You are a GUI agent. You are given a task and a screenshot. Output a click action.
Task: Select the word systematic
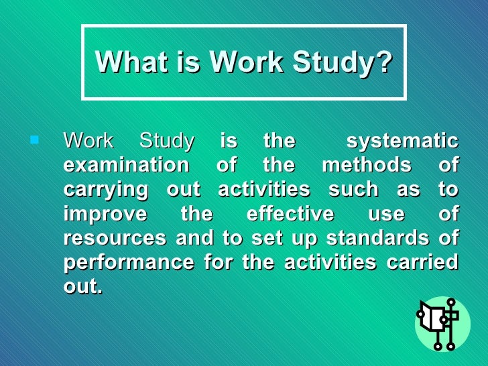click(x=402, y=141)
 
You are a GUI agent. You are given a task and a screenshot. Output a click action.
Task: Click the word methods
click(x=367, y=165)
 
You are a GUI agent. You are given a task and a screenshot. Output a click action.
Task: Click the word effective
click(x=290, y=214)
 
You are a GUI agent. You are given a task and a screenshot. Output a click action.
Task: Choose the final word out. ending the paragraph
click(x=83, y=287)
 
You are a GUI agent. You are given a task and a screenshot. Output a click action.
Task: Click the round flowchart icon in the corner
click(x=442, y=324)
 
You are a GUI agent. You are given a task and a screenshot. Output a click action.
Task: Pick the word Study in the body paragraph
click(x=167, y=141)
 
